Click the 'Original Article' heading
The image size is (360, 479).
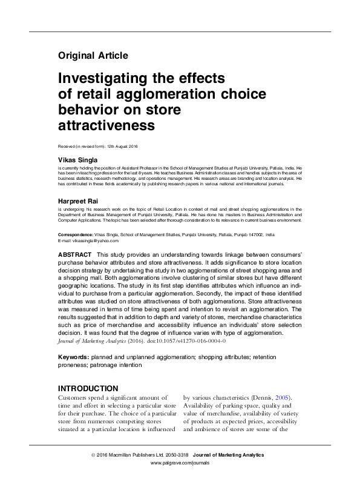point(93,56)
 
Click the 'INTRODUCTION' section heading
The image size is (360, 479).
point(88,388)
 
